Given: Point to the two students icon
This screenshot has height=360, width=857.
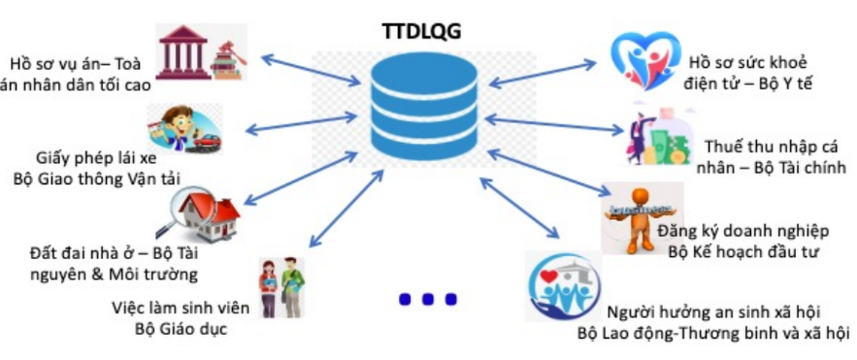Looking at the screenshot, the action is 281,288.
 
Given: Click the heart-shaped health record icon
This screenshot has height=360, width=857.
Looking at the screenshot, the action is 645,61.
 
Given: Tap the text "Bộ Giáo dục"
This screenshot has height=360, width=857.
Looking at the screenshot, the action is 181,329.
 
